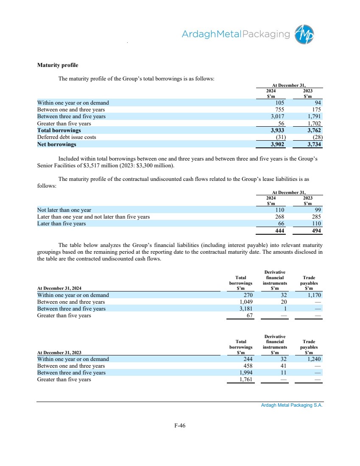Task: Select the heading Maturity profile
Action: (x=58, y=65)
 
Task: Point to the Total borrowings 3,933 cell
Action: (x=277, y=130)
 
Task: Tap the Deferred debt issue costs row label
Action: (x=67, y=137)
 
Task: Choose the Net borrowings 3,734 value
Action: (x=314, y=144)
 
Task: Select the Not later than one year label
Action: (x=64, y=210)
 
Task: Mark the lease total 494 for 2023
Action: (x=315, y=231)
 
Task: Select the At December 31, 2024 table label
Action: (x=59, y=288)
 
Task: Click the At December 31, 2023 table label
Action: (x=59, y=352)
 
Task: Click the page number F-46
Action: (x=180, y=426)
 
